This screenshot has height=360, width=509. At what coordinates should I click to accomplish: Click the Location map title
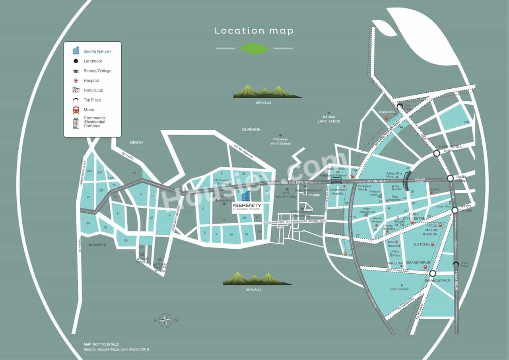tap(254, 31)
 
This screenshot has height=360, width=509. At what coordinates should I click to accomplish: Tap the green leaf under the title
tap(254, 48)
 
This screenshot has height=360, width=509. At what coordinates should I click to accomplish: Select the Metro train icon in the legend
tap(76, 110)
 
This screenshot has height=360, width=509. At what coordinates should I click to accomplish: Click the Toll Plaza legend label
tap(92, 100)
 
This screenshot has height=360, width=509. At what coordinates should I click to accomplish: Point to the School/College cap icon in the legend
tap(76, 71)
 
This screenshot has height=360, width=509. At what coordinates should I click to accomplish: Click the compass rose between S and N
tap(165, 320)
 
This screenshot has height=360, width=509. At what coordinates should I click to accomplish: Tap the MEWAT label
tap(136, 142)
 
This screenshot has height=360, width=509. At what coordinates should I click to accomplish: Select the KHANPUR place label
tap(97, 245)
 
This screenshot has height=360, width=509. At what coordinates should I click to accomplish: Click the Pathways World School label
tap(281, 141)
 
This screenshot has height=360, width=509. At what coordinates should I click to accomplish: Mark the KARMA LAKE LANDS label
tap(329, 119)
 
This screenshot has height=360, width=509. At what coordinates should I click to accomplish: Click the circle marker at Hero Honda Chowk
tap(437, 153)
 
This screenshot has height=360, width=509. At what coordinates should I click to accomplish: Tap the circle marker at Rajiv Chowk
tap(450, 178)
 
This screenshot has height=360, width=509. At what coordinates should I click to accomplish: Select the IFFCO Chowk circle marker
tap(455, 210)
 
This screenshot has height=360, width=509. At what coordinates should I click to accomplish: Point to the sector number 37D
tap(466, 122)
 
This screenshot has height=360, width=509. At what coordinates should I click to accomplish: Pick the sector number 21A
tap(89, 171)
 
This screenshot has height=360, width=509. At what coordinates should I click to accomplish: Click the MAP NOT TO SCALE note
tap(101, 344)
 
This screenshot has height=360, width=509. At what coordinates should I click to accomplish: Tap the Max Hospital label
tap(394, 243)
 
